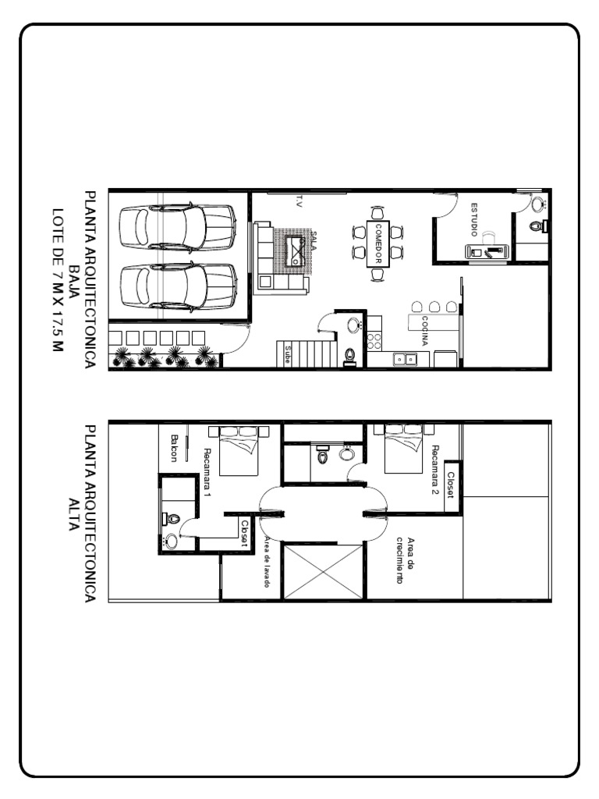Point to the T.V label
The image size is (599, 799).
coord(297,201)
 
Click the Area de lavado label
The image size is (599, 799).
coord(266,562)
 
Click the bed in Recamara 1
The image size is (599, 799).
coord(239,450)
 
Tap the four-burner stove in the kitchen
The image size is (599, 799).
coord(374,340)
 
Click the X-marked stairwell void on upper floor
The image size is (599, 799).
coord(324,572)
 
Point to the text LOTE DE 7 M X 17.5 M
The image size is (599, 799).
coord(57,280)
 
